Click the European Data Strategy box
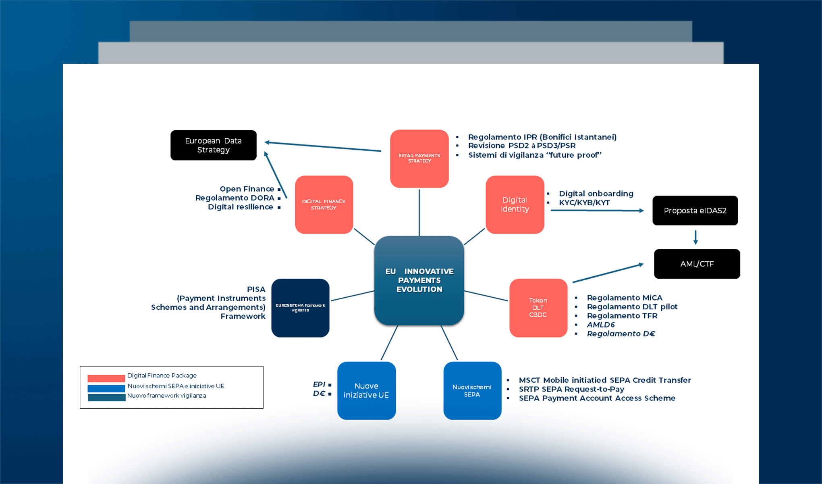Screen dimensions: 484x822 coord(213,145)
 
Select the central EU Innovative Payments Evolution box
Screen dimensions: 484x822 coord(419,280)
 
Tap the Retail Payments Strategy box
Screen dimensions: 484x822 coord(419,159)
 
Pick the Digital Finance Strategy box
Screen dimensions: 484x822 coord(324,204)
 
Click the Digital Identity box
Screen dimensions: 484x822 coord(515,204)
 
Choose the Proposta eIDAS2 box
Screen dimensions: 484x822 coord(695,211)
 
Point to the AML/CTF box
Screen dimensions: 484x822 coord(697,264)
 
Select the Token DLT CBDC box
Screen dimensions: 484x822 coord(538,308)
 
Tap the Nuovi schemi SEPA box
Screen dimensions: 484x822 coord(472,390)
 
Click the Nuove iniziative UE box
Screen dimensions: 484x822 coord(366,390)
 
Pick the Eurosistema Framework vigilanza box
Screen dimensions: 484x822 coord(300,308)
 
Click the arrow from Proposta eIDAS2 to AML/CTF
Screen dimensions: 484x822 coord(695,237)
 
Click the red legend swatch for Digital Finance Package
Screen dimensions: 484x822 coord(106,378)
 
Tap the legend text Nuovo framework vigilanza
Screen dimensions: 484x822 coord(166,396)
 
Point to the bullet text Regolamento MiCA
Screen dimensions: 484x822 coord(624,298)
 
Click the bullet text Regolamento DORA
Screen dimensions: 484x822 coord(235,198)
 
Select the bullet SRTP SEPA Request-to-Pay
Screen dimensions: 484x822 coord(571,389)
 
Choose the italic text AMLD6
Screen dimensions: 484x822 coord(600,325)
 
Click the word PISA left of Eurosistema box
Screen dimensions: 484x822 coord(256,289)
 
